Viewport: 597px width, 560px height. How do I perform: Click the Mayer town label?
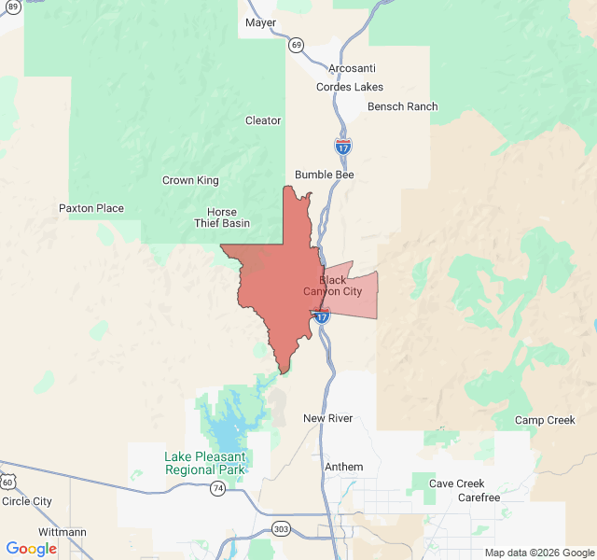tap(260, 22)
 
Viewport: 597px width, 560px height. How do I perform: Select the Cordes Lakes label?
tap(350, 87)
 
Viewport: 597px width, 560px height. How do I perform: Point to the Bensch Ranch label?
tap(402, 106)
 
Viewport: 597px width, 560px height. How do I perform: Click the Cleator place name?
tap(263, 120)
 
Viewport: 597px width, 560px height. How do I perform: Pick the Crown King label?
tap(190, 180)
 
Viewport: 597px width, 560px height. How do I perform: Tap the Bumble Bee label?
tap(325, 175)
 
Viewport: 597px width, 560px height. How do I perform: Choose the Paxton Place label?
tap(91, 208)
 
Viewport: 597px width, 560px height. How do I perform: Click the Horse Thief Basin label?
tap(222, 217)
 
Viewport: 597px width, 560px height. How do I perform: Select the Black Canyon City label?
tap(333, 286)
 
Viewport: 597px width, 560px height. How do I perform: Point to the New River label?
tap(328, 418)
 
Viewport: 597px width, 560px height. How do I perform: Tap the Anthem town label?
tap(343, 466)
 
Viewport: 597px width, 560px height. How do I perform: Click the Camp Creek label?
tap(545, 420)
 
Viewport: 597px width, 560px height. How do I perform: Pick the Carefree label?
tap(479, 497)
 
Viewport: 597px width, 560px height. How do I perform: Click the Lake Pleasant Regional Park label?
tap(205, 463)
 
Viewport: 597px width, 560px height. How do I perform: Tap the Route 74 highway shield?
tap(217, 489)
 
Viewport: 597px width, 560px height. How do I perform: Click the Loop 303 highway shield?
tap(281, 528)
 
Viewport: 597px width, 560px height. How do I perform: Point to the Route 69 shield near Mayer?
tap(296, 44)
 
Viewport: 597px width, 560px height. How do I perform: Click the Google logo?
tap(32, 549)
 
